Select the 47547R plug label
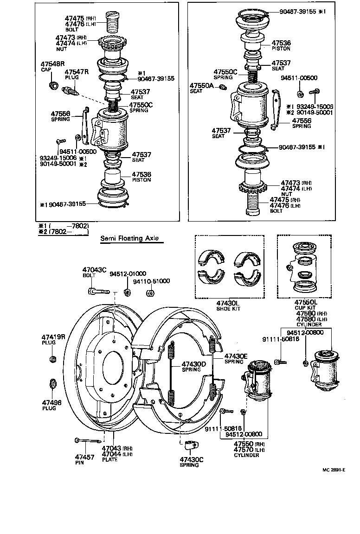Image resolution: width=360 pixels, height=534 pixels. coord(76,72)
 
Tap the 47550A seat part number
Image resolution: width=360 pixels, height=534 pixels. coord(201,86)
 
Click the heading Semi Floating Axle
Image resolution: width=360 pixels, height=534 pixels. coord(129,239)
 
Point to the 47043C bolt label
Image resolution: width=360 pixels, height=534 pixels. coord(94,270)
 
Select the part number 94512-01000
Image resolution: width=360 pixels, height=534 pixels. coord(128,273)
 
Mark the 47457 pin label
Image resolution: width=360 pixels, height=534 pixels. coord(84,457)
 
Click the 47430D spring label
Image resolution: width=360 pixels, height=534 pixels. coord(193,364)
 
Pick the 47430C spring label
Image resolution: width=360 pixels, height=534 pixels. coord(190,460)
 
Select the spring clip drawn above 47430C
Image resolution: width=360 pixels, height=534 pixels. coord(189,445)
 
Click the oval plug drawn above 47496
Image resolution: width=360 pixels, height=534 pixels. coord(52,384)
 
